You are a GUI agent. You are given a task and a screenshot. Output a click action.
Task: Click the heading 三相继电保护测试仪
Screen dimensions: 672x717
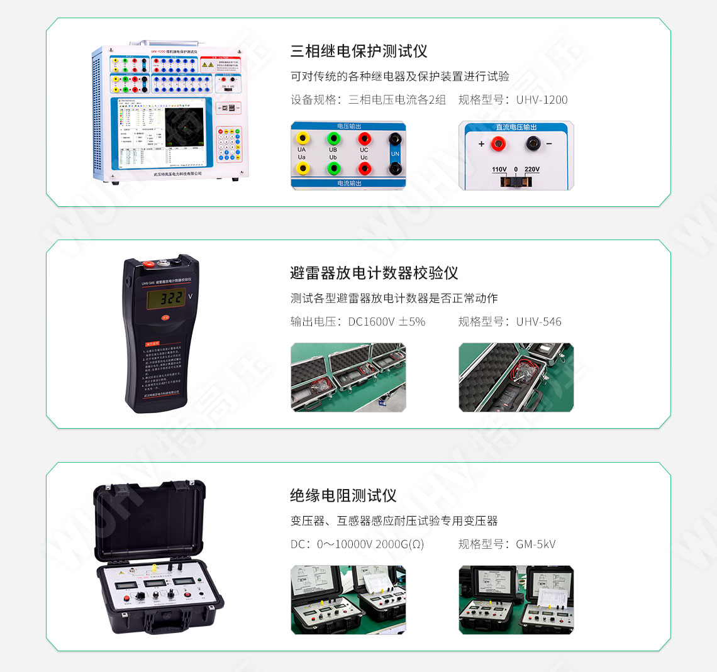click(358, 51)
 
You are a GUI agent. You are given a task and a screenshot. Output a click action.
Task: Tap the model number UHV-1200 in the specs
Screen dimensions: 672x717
click(542, 99)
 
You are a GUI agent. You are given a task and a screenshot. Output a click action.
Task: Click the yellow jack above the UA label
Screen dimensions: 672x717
click(303, 138)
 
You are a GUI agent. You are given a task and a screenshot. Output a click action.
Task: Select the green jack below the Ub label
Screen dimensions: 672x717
click(333, 168)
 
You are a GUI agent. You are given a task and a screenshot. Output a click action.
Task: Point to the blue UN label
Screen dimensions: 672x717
click(395, 153)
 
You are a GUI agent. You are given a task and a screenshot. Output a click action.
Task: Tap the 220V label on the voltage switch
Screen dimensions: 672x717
click(531, 169)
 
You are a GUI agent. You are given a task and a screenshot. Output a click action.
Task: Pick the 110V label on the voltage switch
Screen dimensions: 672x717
click(499, 169)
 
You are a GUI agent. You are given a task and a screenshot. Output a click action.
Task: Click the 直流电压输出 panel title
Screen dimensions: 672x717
click(516, 127)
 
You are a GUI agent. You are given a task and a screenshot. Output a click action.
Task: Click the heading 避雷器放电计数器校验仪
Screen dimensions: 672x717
click(374, 273)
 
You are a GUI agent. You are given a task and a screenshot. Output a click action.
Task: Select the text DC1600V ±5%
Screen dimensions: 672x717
click(386, 321)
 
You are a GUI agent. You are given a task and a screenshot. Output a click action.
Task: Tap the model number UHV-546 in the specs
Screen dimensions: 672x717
click(538, 321)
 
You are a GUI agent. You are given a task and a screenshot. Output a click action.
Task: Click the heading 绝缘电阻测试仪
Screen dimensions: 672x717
click(343, 495)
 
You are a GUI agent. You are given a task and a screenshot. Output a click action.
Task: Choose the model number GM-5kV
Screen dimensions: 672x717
click(535, 544)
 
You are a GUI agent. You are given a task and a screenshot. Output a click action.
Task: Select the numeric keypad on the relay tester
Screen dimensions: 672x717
click(229, 144)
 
